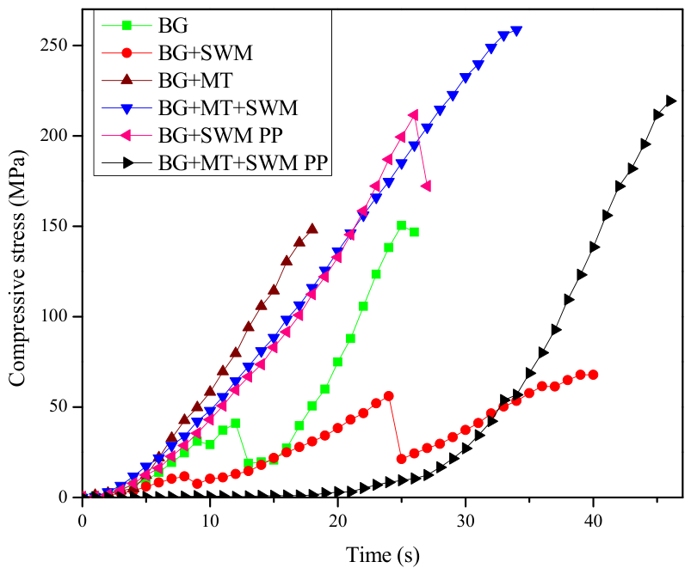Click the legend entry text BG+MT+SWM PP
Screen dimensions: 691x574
(x=243, y=163)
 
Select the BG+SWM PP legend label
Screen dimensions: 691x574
(x=220, y=136)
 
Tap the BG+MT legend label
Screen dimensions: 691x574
(x=195, y=80)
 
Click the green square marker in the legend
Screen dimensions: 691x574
(x=126, y=26)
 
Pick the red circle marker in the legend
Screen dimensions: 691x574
(x=126, y=52)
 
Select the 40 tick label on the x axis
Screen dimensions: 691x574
(x=593, y=522)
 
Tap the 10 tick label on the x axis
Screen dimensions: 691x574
(x=210, y=522)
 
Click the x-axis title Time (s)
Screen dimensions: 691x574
(x=383, y=555)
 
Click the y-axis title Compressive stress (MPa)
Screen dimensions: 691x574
(x=17, y=268)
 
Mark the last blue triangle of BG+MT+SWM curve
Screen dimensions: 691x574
(x=516, y=31)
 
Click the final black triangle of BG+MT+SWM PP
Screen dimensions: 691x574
(x=670, y=101)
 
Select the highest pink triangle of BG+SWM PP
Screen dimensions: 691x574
(x=413, y=115)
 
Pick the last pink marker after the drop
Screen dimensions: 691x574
(x=426, y=186)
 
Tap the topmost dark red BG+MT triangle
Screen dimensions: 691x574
(x=312, y=229)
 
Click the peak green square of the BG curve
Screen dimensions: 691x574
(x=401, y=225)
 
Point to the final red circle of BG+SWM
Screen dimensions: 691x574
(x=593, y=375)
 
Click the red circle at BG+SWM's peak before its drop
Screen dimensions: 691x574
(x=388, y=396)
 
